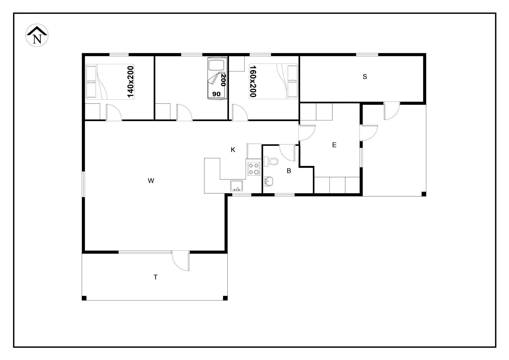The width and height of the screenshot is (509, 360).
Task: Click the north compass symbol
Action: click(37, 35)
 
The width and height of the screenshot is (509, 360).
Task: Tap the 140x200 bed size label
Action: click(130, 82)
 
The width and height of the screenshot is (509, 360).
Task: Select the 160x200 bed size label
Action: click(253, 81)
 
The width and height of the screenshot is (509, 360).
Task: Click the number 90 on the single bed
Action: click(216, 94)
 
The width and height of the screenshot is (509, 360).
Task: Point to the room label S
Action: click(365, 77)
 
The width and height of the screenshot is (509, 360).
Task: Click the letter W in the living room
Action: click(151, 181)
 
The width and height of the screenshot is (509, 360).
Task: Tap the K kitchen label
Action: click(233, 150)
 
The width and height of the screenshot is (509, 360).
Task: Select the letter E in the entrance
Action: click(334, 145)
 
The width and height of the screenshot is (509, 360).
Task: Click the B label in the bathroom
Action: click(289, 171)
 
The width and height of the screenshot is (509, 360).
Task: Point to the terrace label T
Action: click(156, 277)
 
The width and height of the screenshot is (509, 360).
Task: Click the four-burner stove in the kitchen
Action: click(254, 169)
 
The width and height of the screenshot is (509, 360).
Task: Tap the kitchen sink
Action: click(236, 186)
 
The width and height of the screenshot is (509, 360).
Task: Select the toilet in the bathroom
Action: click(271, 161)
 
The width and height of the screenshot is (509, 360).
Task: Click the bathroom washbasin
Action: click(269, 181)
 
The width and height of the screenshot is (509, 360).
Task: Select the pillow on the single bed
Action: click(216, 65)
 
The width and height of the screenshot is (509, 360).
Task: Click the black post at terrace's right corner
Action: click(225, 298)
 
